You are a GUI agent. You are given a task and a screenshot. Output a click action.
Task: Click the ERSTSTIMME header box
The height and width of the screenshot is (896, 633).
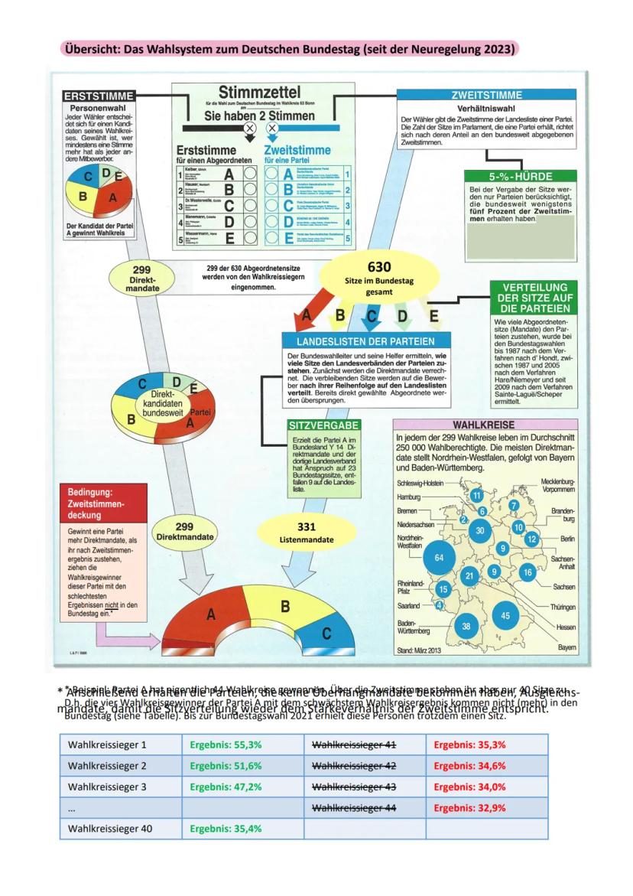[x=97, y=96]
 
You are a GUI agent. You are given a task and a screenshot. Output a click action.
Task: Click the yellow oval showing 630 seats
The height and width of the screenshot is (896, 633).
[x=379, y=277]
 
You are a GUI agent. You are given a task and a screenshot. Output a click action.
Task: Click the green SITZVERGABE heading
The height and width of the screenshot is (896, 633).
[x=323, y=424]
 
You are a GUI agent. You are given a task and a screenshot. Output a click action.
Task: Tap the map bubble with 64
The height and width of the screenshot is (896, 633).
[x=438, y=558]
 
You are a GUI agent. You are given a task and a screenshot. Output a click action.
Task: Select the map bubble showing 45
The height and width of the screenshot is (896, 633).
[x=505, y=615]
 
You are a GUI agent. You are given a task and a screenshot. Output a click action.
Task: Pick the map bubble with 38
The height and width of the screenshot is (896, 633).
[x=466, y=625]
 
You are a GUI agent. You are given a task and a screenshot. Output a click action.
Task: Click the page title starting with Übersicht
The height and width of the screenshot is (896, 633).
[x=290, y=49]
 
